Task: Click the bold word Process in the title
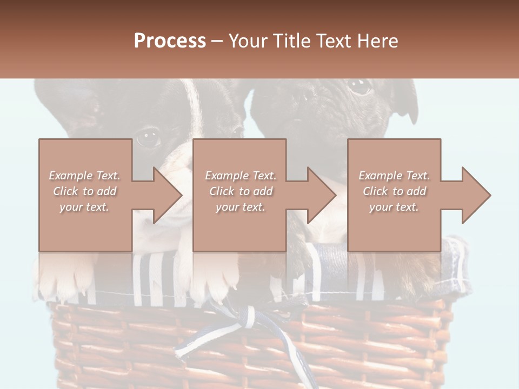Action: [170, 41]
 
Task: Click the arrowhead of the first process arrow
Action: [168, 195]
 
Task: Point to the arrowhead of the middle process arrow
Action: [322, 195]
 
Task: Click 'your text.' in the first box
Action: [85, 206]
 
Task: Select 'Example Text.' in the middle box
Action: [241, 176]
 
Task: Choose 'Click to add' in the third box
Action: [394, 191]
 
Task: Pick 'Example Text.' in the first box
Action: [85, 176]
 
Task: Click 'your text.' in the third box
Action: [394, 206]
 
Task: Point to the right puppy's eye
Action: [358, 85]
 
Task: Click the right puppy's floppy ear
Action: [405, 100]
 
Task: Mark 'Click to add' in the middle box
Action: [241, 191]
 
